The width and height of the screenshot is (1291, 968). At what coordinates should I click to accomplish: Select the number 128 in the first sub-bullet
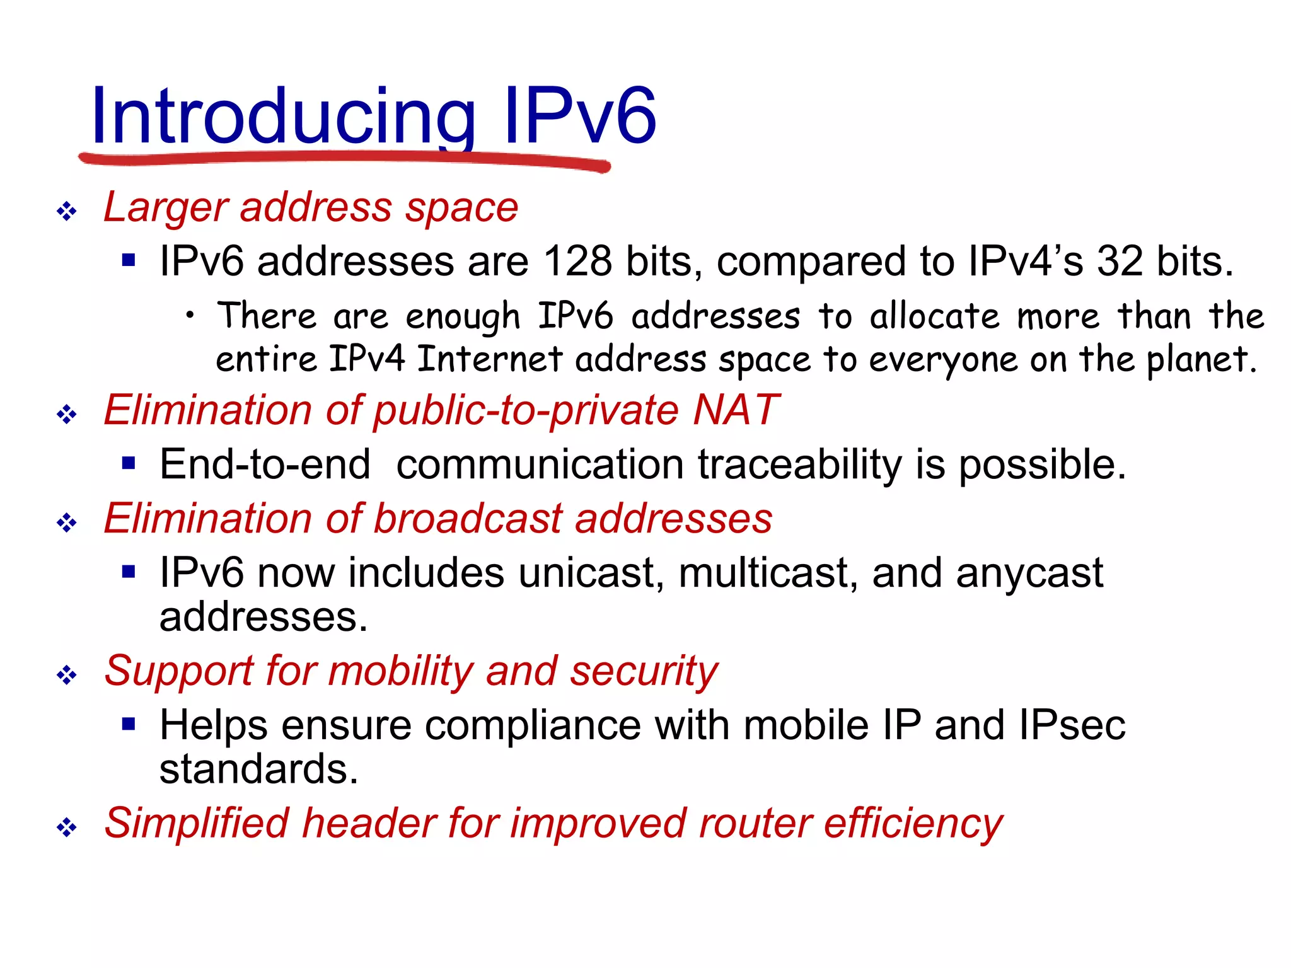pos(577,261)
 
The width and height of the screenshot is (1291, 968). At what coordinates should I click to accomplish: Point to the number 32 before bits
pos(1120,261)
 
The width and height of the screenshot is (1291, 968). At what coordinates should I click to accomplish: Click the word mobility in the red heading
pos(400,671)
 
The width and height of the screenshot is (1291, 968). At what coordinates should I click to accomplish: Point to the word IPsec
pos(1071,725)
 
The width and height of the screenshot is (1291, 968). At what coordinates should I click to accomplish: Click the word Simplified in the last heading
pos(196,824)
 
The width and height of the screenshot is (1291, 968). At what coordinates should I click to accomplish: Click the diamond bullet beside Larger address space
pos(67,211)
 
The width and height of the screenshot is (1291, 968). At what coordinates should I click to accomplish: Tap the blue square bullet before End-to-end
pos(129,464)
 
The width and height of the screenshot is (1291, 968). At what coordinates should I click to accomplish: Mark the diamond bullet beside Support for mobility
pos(67,676)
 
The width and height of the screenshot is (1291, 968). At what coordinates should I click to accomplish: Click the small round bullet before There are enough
pos(190,316)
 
